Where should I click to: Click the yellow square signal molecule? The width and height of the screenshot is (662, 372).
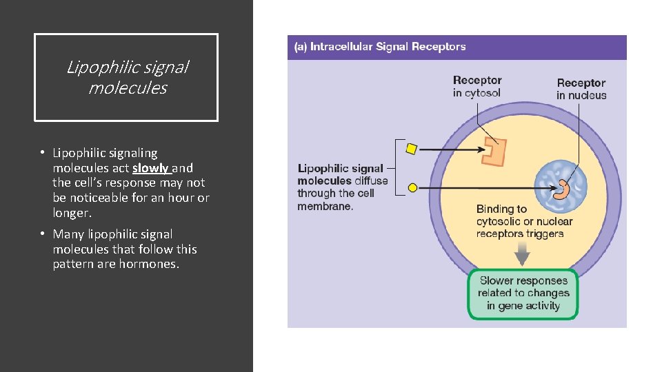point(411,148)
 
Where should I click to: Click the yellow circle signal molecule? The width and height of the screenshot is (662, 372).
point(412,187)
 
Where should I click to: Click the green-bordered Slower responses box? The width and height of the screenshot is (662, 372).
point(523,293)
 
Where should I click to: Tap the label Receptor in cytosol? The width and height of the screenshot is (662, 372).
point(477,87)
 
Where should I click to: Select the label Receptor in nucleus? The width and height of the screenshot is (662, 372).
point(581,89)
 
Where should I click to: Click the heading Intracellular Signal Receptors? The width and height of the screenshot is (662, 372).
point(380,47)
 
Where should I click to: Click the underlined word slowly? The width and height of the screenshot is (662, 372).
point(151,168)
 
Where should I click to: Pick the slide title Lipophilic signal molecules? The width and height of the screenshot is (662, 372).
point(127,78)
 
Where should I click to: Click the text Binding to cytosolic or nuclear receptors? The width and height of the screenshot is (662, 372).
point(524,221)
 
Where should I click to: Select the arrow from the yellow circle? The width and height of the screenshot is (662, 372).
point(476,187)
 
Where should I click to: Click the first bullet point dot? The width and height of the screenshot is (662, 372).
point(42,153)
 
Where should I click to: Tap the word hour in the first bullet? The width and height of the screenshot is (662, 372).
point(181,198)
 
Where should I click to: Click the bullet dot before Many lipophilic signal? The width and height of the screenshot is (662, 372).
point(42,234)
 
